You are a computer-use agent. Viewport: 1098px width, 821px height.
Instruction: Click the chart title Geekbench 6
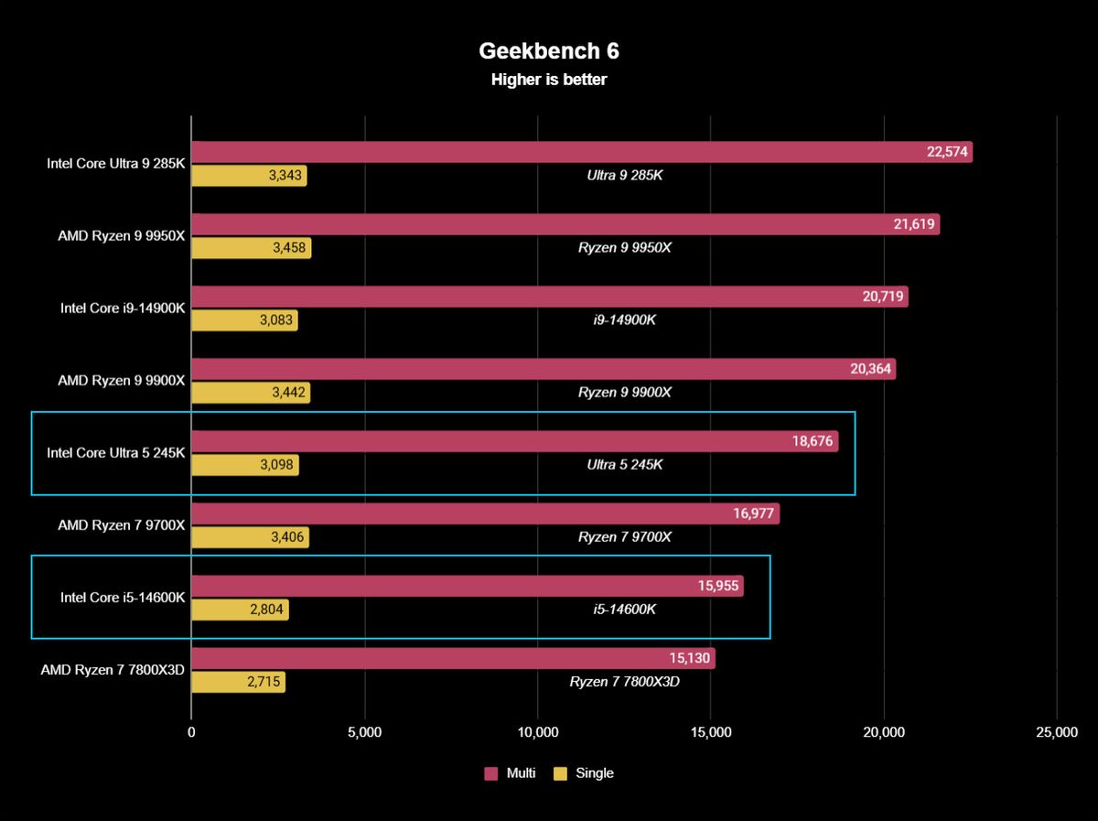(x=549, y=51)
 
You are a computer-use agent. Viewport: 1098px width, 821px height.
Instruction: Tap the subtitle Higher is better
(x=549, y=80)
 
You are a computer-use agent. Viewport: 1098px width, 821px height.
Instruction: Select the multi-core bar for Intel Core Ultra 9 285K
(x=582, y=152)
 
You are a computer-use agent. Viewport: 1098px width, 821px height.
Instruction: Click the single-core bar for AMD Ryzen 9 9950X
(x=251, y=248)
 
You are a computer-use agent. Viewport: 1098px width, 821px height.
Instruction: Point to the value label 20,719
(x=883, y=297)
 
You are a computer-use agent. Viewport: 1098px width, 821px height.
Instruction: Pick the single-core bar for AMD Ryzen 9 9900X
(x=251, y=393)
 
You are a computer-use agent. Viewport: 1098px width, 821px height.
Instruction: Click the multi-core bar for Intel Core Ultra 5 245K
(x=515, y=441)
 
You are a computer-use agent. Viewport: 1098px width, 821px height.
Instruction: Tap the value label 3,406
(x=287, y=537)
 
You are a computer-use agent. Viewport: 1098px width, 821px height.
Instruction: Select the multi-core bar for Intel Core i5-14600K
(x=468, y=586)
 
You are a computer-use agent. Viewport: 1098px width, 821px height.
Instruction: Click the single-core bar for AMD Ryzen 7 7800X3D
(x=238, y=682)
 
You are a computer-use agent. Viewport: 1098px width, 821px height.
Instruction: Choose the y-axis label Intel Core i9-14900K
(x=123, y=308)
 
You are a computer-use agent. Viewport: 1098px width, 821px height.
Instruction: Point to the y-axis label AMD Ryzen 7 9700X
(x=121, y=525)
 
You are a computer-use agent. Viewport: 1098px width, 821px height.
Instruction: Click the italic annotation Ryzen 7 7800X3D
(x=624, y=682)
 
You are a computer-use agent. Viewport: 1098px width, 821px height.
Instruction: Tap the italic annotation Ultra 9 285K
(x=624, y=175)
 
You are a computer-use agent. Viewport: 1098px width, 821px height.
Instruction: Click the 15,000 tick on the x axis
(x=711, y=732)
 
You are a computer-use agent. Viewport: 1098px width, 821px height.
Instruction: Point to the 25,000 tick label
(x=1057, y=732)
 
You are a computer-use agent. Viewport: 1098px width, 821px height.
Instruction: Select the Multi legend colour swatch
(x=490, y=773)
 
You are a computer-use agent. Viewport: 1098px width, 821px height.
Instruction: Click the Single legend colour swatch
(x=560, y=773)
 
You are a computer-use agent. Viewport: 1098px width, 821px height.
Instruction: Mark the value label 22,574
(x=947, y=152)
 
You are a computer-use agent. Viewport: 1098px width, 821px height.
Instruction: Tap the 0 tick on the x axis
(x=191, y=732)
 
